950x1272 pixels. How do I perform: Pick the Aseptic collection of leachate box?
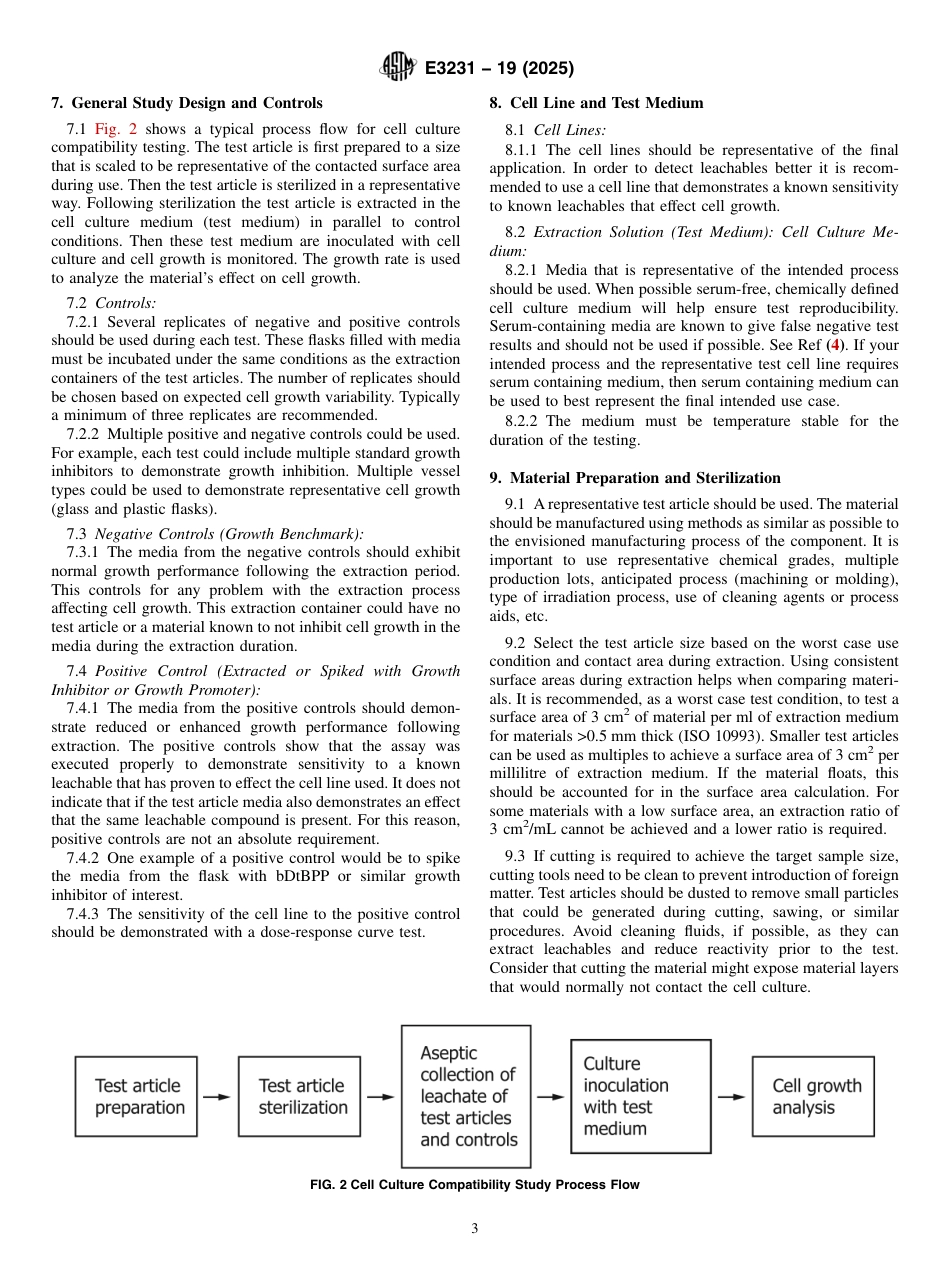coord(466,1096)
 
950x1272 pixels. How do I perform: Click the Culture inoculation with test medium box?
coord(640,1096)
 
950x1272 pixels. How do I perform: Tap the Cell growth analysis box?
coord(815,1096)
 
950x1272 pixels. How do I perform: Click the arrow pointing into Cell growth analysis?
coord(731,1096)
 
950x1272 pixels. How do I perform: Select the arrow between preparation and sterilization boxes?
coord(217,1096)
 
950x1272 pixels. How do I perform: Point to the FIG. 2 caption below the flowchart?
coord(475,1184)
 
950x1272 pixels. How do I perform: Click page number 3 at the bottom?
coord(475,1229)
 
